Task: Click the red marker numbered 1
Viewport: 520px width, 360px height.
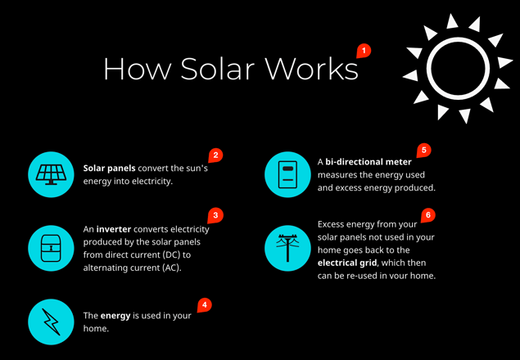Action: tap(364, 51)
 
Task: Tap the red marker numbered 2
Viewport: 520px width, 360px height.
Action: tap(215, 155)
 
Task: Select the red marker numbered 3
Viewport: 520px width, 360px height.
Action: tap(215, 216)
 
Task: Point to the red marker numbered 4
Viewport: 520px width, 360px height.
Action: tap(205, 305)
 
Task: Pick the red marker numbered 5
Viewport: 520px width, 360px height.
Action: tap(424, 151)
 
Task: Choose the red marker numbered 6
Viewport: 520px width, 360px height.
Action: tap(428, 215)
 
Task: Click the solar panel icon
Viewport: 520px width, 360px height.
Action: tap(51, 175)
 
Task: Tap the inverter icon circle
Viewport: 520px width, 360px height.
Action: tap(51, 248)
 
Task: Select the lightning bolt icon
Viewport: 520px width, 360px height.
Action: tap(51, 322)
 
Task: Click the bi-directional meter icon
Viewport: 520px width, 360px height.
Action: tap(288, 175)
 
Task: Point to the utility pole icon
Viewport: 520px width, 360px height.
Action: tap(288, 248)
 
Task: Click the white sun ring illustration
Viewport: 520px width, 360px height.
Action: tap(458, 38)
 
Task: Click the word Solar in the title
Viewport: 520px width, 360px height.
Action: tap(218, 69)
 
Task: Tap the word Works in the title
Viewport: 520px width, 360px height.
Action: tap(312, 69)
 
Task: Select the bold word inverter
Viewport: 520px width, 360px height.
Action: tap(114, 229)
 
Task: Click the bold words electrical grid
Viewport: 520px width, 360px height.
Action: tap(347, 263)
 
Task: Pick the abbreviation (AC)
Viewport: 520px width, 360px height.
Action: tap(171, 268)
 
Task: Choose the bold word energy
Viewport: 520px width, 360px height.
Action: tap(115, 316)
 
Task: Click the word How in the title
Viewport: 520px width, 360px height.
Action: tap(138, 69)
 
